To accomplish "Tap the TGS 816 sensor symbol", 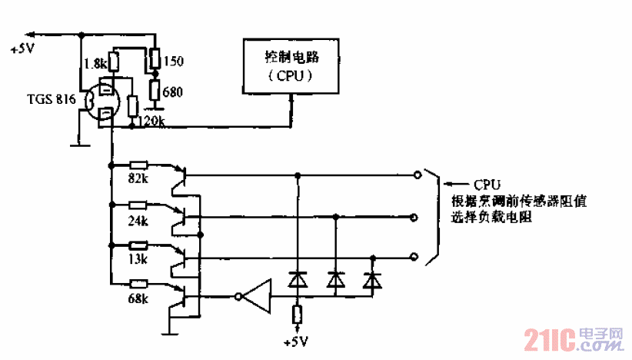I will tap(101, 103).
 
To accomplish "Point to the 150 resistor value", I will tap(174, 59).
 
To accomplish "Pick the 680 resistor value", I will tap(173, 92).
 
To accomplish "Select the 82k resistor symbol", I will tap(139, 165).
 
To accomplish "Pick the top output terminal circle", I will tap(418, 175).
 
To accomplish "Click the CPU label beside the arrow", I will tap(487, 185).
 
